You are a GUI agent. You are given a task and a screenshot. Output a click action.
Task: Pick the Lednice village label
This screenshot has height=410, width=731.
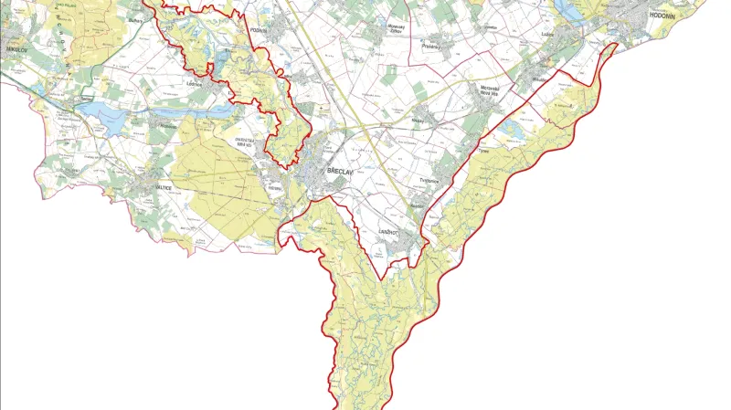coord(193,83)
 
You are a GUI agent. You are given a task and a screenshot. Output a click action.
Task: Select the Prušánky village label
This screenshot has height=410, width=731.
coord(433,44)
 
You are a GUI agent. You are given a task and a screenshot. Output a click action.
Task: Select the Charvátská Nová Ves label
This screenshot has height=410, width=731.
coord(249,142)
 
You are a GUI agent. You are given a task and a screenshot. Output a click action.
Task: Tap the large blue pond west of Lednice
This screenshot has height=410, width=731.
coord(101,113)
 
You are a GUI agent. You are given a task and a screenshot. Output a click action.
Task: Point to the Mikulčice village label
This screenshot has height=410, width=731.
coord(538,79)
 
